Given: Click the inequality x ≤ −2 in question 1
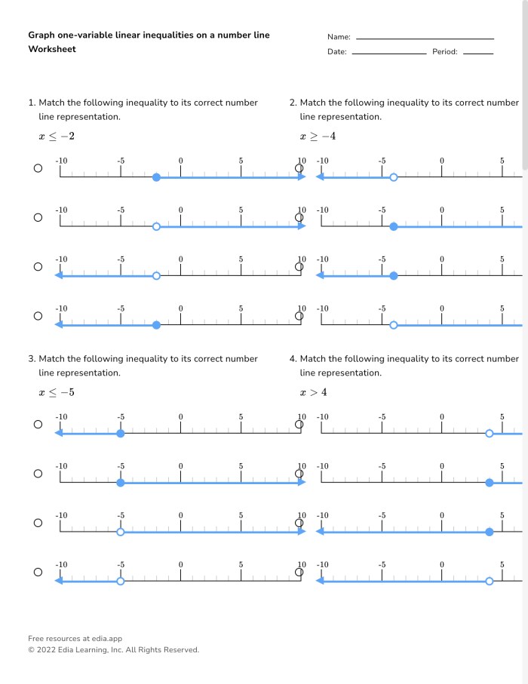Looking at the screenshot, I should tap(57, 136).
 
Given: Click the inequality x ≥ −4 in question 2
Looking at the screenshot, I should tap(318, 136).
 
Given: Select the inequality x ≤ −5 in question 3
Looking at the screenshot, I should tap(57, 393).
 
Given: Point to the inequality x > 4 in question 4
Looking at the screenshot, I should tap(314, 393).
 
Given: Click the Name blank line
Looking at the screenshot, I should tap(425, 38).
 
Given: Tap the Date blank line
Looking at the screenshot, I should tap(388, 53).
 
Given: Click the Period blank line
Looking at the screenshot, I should tap(478, 53).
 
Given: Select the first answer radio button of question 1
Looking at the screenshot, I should tap(38, 168).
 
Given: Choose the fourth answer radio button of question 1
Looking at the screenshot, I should tap(38, 315).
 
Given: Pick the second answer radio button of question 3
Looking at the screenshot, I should tap(38, 474).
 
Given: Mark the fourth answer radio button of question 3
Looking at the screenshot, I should tap(38, 572).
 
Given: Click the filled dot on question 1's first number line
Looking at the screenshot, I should tap(156, 177).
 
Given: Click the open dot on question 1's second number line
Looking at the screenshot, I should tap(156, 226).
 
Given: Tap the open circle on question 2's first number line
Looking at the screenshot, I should tap(393, 177).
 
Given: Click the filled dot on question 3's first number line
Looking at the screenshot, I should tap(120, 434).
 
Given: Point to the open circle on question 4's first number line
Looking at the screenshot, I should tap(490, 434).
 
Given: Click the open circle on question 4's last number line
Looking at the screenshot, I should tap(490, 581).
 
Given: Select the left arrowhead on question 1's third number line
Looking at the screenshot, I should tap(58, 275).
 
